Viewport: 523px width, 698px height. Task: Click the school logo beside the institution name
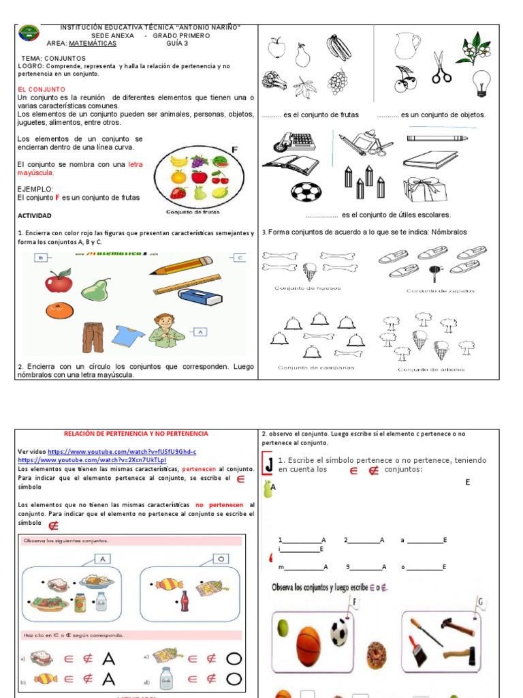click(29, 33)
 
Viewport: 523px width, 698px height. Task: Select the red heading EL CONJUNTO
click(42, 89)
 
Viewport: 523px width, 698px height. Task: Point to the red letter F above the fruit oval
click(235, 150)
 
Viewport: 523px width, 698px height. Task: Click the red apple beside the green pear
click(59, 280)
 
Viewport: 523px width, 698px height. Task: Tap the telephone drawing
click(294, 142)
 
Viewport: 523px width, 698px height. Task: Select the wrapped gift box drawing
click(426, 189)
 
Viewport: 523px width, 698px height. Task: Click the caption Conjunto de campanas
click(306, 368)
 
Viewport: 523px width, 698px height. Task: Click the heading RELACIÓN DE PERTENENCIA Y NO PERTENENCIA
click(136, 434)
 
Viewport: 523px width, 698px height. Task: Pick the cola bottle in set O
click(184, 601)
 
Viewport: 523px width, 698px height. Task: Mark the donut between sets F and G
click(376, 654)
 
